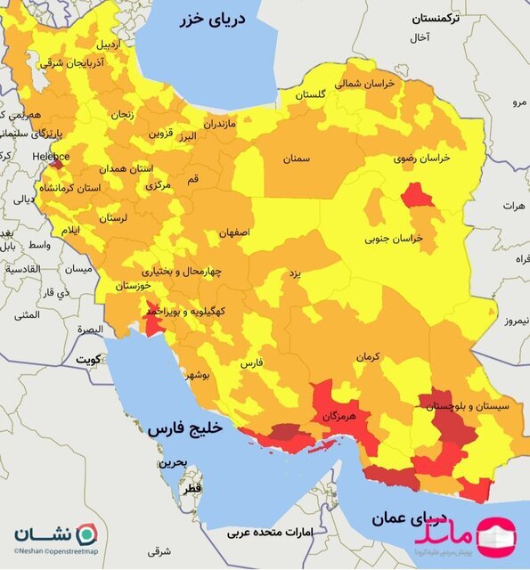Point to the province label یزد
(293, 276)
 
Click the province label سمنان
(297, 159)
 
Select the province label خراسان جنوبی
(392, 239)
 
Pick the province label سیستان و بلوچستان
(467, 406)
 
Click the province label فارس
(252, 363)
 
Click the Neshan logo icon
(86, 535)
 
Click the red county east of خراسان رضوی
(416, 195)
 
